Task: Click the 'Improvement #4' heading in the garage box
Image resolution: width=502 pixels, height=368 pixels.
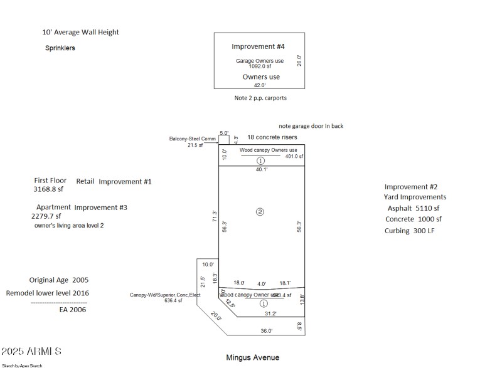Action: click(x=258, y=47)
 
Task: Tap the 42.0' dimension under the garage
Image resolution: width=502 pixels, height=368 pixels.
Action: click(x=260, y=85)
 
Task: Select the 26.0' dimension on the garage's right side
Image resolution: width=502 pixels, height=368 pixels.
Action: click(x=299, y=60)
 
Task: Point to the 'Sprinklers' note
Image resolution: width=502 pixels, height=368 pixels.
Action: click(x=60, y=48)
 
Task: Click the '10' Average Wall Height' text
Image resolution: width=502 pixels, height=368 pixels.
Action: click(x=80, y=32)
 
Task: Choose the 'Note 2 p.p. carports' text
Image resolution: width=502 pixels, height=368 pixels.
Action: click(x=260, y=98)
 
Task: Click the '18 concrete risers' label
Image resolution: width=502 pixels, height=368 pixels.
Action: click(x=272, y=137)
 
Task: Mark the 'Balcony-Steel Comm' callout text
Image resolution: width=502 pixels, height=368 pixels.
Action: click(x=192, y=139)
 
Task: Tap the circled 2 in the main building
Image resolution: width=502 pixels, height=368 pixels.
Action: click(x=260, y=212)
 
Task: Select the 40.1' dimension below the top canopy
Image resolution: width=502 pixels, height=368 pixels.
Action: click(x=261, y=169)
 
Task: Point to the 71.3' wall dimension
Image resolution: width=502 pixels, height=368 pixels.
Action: click(x=214, y=216)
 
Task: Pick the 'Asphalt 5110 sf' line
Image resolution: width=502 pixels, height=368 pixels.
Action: click(x=413, y=208)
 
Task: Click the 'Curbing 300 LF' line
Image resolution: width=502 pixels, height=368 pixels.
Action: click(x=409, y=231)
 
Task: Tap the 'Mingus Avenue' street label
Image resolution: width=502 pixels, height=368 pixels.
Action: click(x=252, y=357)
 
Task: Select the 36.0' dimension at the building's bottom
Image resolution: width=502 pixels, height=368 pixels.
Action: click(x=267, y=331)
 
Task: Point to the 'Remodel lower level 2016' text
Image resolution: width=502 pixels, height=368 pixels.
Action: click(x=48, y=293)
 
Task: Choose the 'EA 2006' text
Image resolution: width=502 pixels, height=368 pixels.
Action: click(x=72, y=309)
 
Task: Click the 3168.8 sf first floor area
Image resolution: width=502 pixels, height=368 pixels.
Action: click(x=48, y=189)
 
